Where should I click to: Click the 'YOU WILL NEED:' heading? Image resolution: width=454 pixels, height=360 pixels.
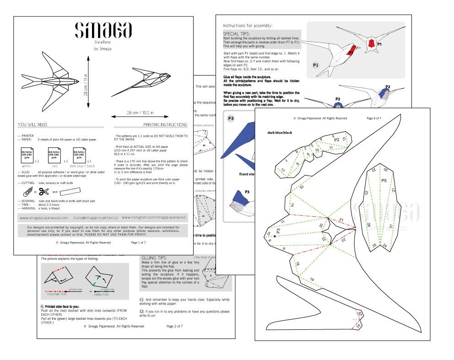[x=32, y=124]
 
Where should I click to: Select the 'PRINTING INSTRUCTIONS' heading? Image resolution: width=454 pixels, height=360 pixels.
[x=165, y=124]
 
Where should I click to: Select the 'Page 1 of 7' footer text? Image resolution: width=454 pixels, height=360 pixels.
[x=138, y=242]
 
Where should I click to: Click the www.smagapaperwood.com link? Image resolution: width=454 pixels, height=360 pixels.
[x=44, y=218]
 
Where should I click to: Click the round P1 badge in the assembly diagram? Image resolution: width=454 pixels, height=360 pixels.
[x=316, y=65]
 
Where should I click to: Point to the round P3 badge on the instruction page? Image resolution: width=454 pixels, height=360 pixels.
[x=231, y=118]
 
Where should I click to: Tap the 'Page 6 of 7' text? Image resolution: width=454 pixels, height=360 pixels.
[x=378, y=118]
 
